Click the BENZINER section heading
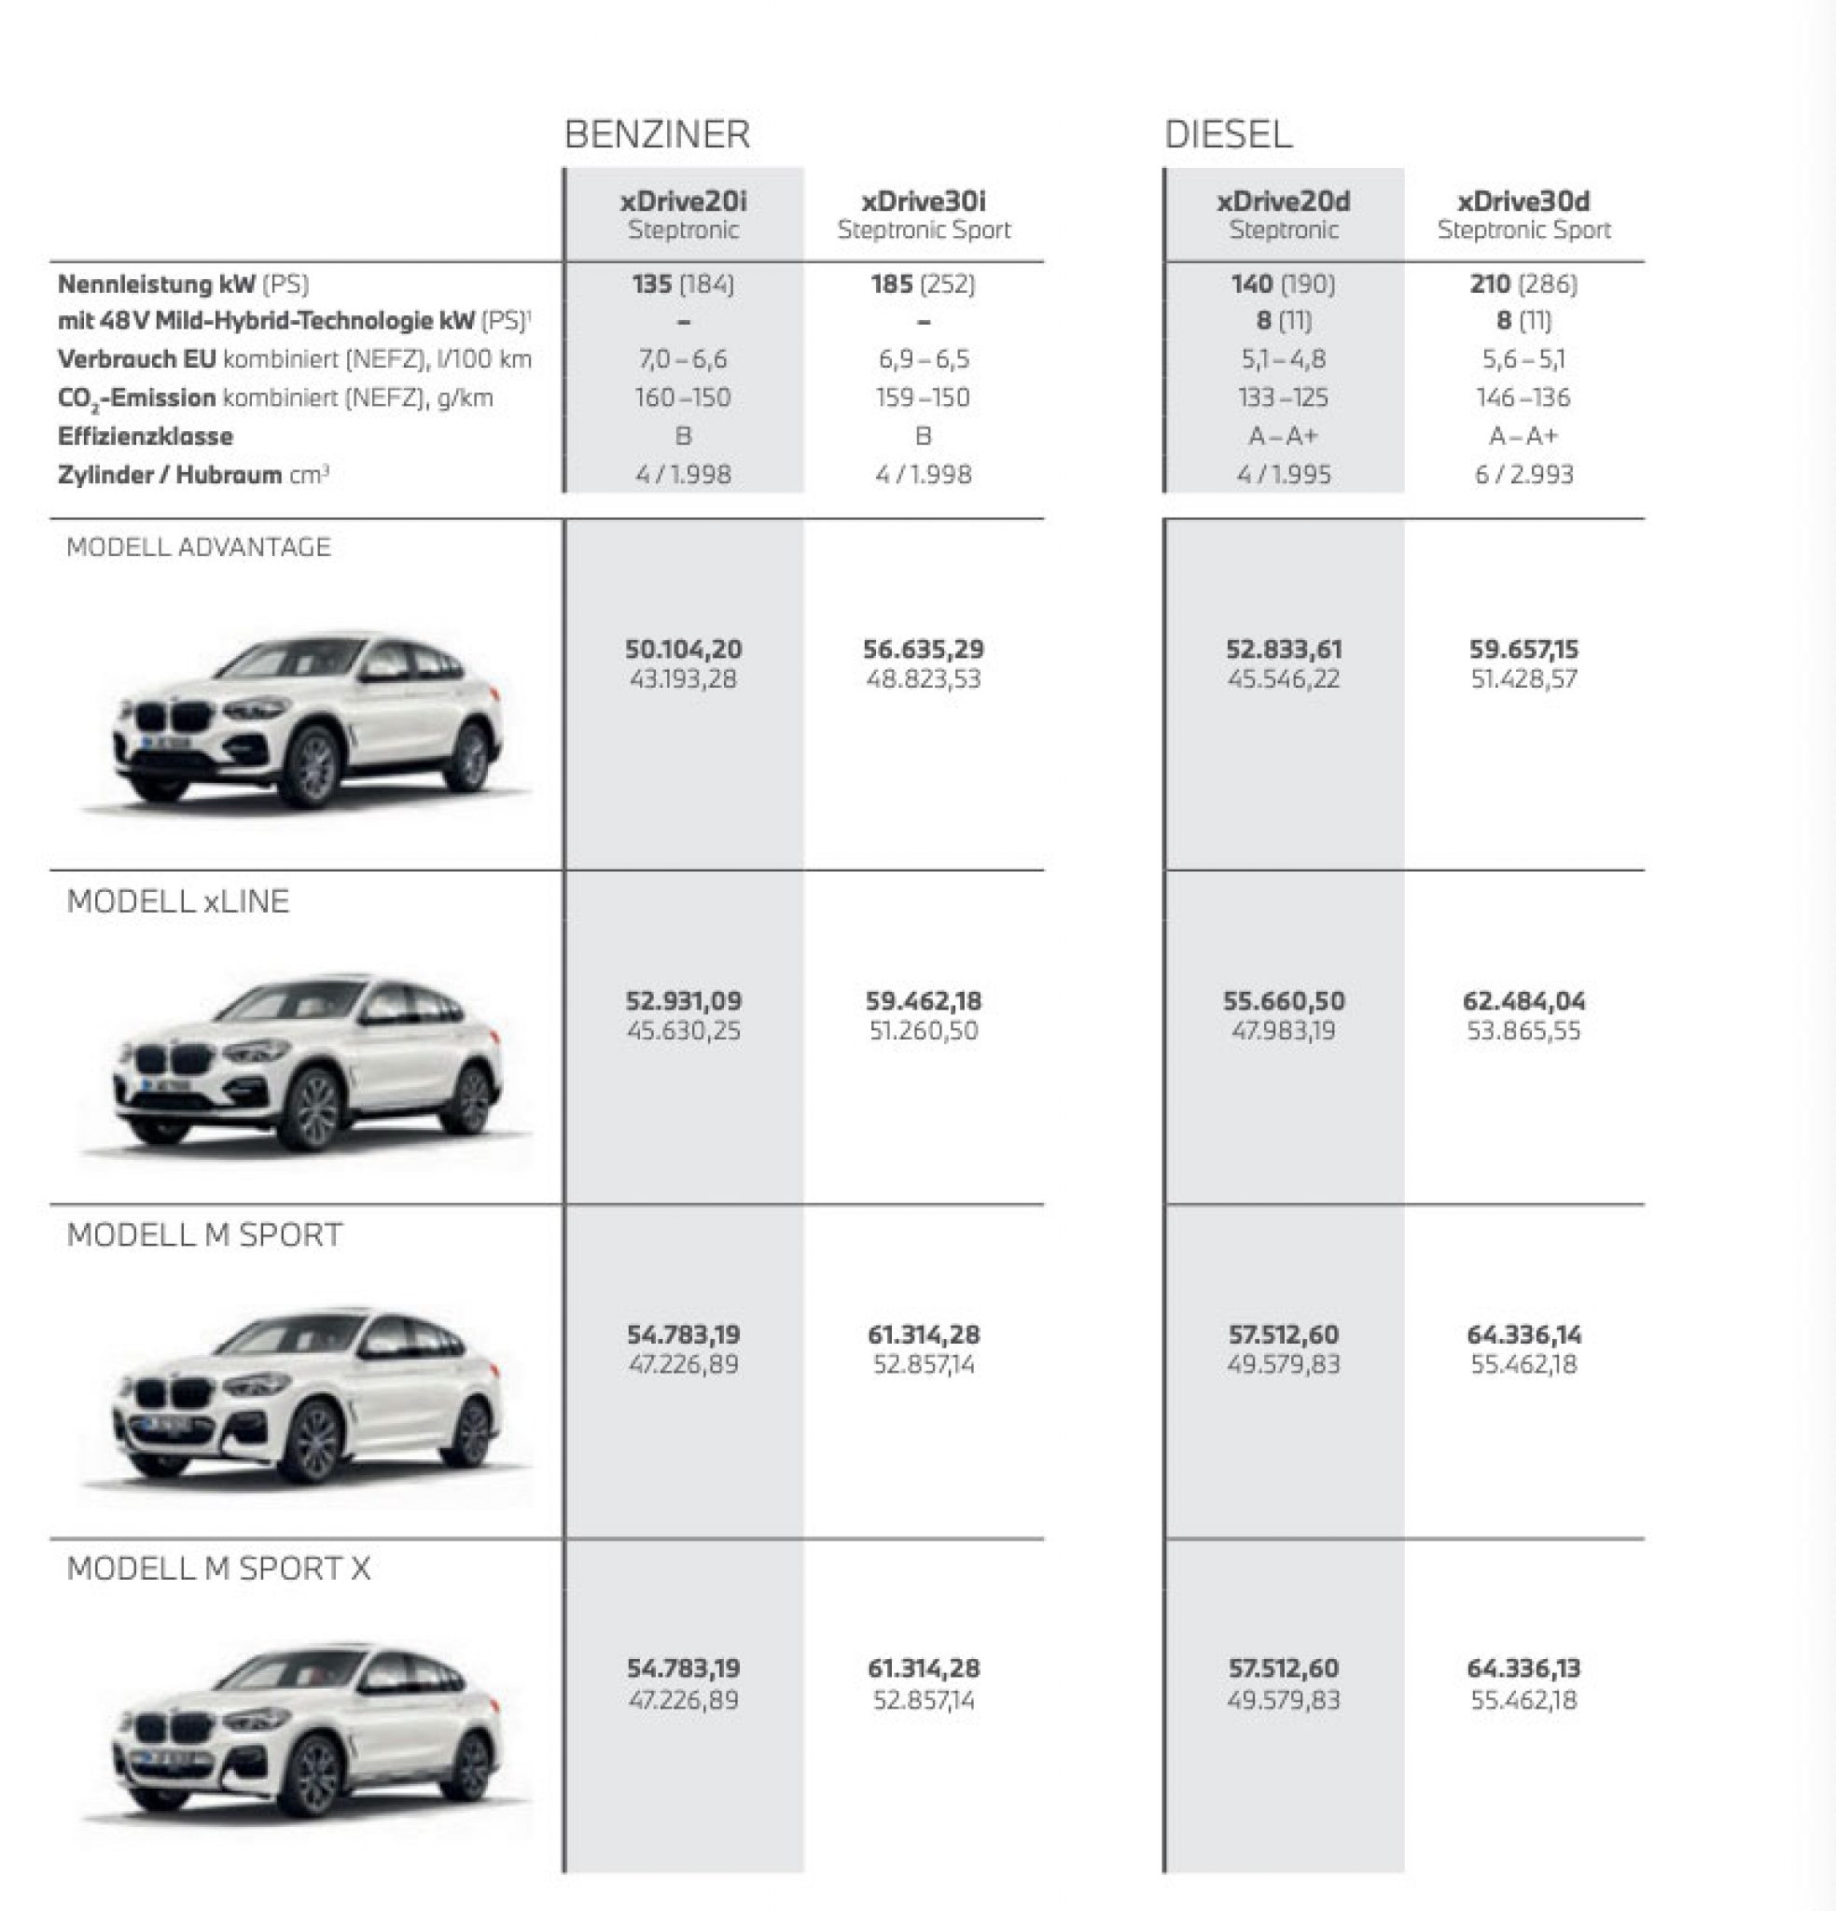pyautogui.click(x=657, y=134)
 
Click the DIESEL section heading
pyautogui.click(x=1228, y=134)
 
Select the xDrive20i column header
pyautogui.click(x=683, y=214)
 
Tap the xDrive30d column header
pyautogui.click(x=1523, y=214)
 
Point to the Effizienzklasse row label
pyautogui.click(x=146, y=436)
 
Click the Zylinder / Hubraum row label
pyautogui.click(x=193, y=475)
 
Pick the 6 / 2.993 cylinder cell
pyautogui.click(x=1523, y=475)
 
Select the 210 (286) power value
pyautogui.click(x=1523, y=284)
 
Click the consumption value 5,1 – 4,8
pyautogui.click(x=1283, y=359)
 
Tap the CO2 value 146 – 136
pyautogui.click(x=1523, y=398)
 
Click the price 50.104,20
pyautogui.click(x=683, y=649)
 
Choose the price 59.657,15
pyautogui.click(x=1523, y=649)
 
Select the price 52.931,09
pyautogui.click(x=683, y=1001)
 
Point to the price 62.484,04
pyautogui.click(x=1523, y=1001)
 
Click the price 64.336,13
pyautogui.click(x=1523, y=1668)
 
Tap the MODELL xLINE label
pyautogui.click(x=177, y=900)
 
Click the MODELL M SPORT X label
pyautogui.click(x=218, y=1569)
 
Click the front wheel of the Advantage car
pyautogui.click(x=314, y=765)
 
